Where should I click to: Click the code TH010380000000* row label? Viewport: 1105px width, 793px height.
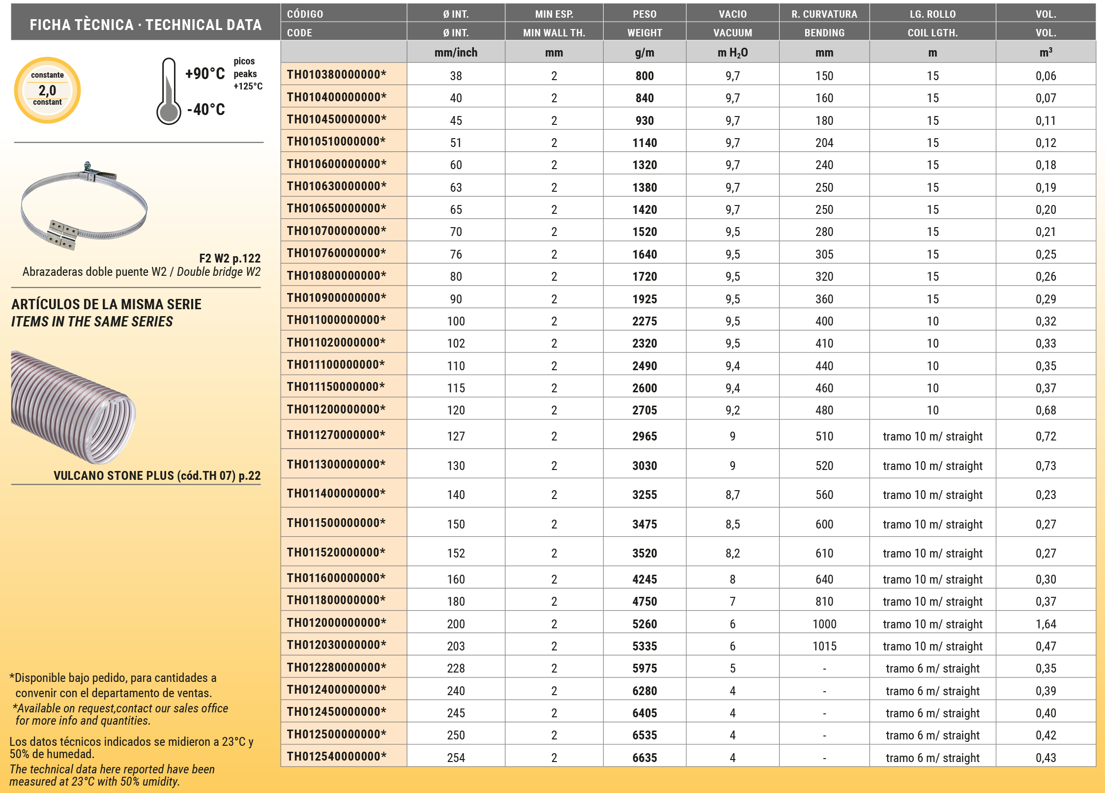(x=337, y=75)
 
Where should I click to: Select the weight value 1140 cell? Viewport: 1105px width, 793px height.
(x=644, y=143)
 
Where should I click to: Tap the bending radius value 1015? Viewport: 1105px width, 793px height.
(x=824, y=646)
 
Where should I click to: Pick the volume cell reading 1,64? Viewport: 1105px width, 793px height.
(x=1046, y=624)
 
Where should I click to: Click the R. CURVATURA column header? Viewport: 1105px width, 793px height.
(x=824, y=14)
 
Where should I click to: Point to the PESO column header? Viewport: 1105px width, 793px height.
(x=644, y=14)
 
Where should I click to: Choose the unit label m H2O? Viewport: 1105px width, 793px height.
(x=732, y=53)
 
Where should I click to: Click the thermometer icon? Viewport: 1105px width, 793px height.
(x=169, y=91)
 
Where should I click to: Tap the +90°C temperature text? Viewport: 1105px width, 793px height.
(x=205, y=74)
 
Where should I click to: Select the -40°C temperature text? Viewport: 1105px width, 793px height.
(x=206, y=109)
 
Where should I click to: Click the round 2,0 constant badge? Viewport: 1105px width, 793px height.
(x=47, y=90)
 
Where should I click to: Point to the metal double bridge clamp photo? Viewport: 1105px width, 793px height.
(x=84, y=206)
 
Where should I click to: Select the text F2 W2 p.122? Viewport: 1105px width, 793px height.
(x=230, y=258)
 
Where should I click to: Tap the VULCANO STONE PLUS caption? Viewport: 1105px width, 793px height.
(x=157, y=475)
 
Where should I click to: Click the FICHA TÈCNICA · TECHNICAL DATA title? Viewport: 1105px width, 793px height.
(x=145, y=25)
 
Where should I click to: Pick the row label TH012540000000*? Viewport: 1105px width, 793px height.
(x=337, y=756)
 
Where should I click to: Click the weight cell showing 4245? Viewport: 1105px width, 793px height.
(x=644, y=579)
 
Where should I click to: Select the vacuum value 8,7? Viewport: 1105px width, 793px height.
(x=732, y=495)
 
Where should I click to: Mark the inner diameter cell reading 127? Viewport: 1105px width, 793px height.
(x=456, y=436)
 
